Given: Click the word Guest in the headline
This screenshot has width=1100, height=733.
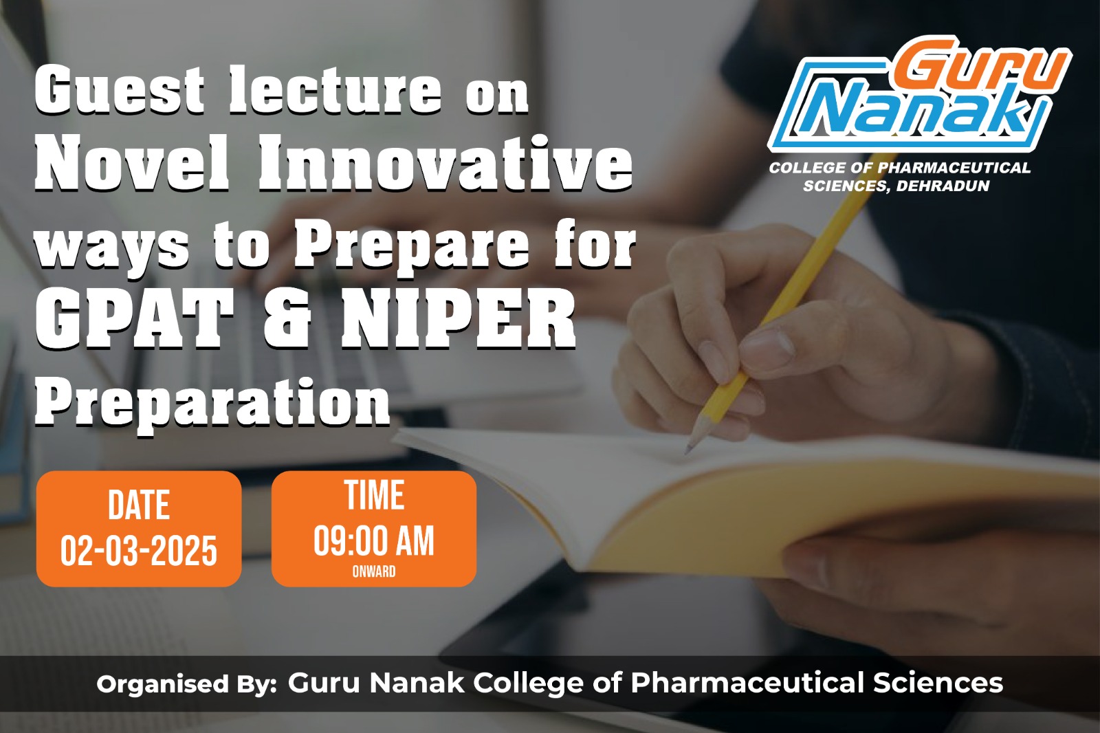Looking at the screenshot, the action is click(120, 90).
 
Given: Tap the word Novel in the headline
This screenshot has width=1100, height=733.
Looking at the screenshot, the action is click(132, 163).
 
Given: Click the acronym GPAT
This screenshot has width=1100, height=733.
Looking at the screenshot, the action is click(134, 320).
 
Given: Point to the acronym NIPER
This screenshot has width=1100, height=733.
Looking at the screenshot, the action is click(458, 320).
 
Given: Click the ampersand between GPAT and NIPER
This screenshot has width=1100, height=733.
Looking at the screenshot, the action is click(287, 320).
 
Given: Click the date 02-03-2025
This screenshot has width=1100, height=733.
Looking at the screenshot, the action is click(138, 551).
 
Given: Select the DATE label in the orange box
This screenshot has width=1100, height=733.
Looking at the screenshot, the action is click(139, 505).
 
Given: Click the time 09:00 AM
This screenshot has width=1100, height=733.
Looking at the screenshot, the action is click(374, 541).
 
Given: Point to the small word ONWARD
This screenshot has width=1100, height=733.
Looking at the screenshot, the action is click(374, 571).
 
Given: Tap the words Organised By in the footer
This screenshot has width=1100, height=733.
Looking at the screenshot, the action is click(186, 684).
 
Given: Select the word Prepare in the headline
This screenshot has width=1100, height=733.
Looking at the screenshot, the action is click(412, 246).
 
